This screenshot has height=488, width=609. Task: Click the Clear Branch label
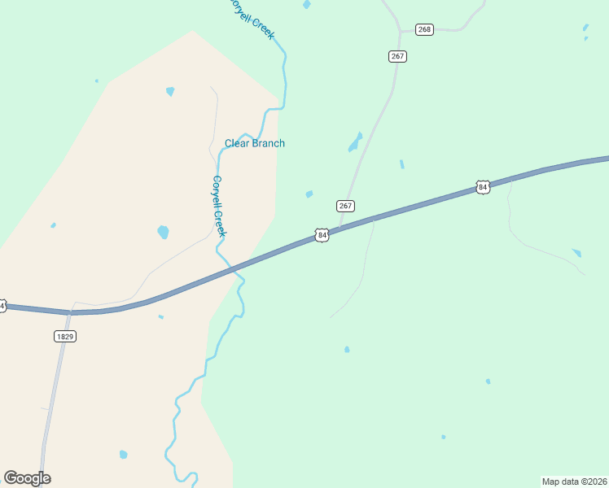click(x=255, y=144)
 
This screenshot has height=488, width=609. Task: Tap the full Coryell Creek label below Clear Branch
click(x=218, y=207)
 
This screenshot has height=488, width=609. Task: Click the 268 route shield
click(x=424, y=29)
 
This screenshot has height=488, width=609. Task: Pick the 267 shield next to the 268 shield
click(x=397, y=56)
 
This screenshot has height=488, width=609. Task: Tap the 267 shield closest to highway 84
click(x=345, y=206)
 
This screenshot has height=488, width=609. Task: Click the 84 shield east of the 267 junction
click(x=483, y=188)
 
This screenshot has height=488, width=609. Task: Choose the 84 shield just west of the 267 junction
click(x=322, y=235)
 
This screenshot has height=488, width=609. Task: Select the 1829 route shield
click(x=65, y=336)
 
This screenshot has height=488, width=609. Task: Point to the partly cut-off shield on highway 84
click(x=2, y=306)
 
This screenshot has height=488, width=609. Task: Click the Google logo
click(x=27, y=478)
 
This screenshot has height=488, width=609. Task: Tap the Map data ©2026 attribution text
click(x=573, y=481)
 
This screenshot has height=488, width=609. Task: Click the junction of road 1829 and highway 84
click(x=72, y=312)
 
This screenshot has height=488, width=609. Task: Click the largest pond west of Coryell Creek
click(x=163, y=232)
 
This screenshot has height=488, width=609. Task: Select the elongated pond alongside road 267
click(x=355, y=142)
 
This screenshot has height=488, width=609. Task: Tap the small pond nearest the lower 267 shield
click(x=309, y=194)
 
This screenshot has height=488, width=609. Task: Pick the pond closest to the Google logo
click(x=123, y=455)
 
